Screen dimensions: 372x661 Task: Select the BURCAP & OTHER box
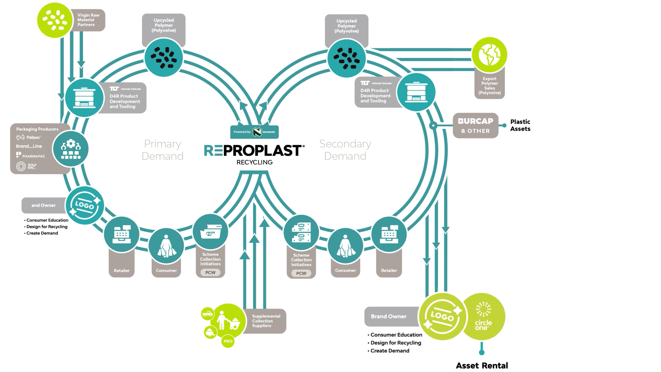(475, 126)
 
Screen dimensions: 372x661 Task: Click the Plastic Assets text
(520, 125)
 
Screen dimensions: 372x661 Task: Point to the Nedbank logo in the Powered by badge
(257, 132)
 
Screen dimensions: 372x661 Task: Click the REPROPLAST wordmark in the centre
(254, 151)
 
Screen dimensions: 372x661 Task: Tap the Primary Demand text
(162, 150)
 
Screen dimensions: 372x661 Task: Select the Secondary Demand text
(345, 150)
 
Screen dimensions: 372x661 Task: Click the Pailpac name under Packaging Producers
(33, 137)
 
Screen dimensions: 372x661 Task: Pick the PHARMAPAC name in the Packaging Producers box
(33, 156)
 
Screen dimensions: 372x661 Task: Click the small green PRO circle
(228, 341)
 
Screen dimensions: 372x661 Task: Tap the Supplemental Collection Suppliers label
(266, 321)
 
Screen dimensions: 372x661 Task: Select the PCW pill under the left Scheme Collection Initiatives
(210, 272)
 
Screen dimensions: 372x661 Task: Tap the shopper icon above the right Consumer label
(345, 246)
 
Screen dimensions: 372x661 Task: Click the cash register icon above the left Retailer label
(122, 234)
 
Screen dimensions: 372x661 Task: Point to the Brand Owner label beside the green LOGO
(389, 316)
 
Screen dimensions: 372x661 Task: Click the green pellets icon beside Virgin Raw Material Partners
(55, 20)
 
